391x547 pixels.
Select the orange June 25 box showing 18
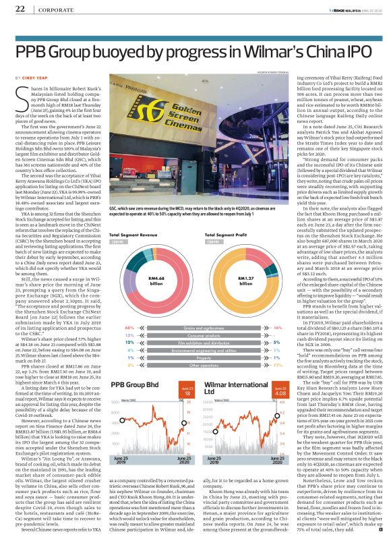click(x=189, y=391)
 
